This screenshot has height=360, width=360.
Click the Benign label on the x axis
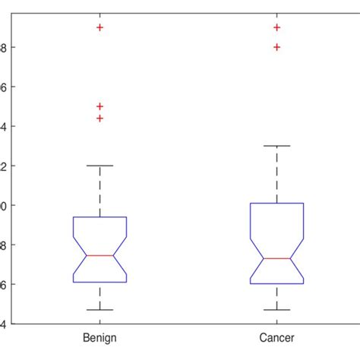(x=99, y=336)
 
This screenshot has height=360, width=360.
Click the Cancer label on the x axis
(x=276, y=336)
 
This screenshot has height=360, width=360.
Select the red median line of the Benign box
(x=99, y=255)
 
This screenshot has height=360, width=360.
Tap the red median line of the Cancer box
(x=276, y=258)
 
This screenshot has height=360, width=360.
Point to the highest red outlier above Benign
(x=99, y=27)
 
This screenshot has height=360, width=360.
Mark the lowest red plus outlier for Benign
(x=99, y=118)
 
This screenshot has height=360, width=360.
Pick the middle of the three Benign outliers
(x=99, y=106)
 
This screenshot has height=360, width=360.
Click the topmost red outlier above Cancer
(x=276, y=27)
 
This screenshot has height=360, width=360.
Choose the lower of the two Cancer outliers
(x=276, y=47)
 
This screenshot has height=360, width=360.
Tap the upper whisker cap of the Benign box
(x=99, y=166)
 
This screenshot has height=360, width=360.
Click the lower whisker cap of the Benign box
(x=99, y=310)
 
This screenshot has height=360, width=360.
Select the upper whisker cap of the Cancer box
(x=276, y=146)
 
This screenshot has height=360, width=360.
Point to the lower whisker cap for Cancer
(x=276, y=310)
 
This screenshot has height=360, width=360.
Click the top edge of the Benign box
(x=99, y=217)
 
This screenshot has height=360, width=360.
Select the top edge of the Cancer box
(x=276, y=203)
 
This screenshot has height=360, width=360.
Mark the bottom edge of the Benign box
(x=99, y=283)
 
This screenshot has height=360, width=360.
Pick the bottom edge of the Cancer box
(x=276, y=284)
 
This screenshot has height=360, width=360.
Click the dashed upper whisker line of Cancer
(x=276, y=175)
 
